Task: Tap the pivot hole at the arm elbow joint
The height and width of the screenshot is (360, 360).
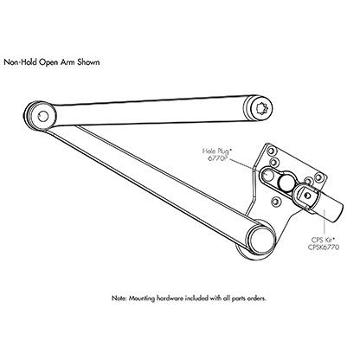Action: tap(43, 116)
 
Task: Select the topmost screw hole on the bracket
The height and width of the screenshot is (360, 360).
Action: tap(271, 151)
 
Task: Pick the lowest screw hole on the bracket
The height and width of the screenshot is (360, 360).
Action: tap(275, 201)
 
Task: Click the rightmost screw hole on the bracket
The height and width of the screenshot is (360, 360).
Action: tap(318, 177)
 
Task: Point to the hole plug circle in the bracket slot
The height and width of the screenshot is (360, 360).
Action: tap(268, 175)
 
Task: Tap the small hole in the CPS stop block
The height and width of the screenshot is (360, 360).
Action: tap(307, 196)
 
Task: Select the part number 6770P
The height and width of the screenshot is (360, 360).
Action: tap(218, 157)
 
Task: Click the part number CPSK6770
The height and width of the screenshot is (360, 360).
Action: tap(324, 247)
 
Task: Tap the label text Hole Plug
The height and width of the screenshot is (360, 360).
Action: tap(215, 151)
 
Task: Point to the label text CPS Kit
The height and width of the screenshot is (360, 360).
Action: tap(324, 240)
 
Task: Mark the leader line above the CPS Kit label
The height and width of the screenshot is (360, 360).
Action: tap(325, 223)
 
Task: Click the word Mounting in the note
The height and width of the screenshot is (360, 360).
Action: tap(142, 299)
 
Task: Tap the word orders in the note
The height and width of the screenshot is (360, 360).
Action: tap(256, 299)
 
